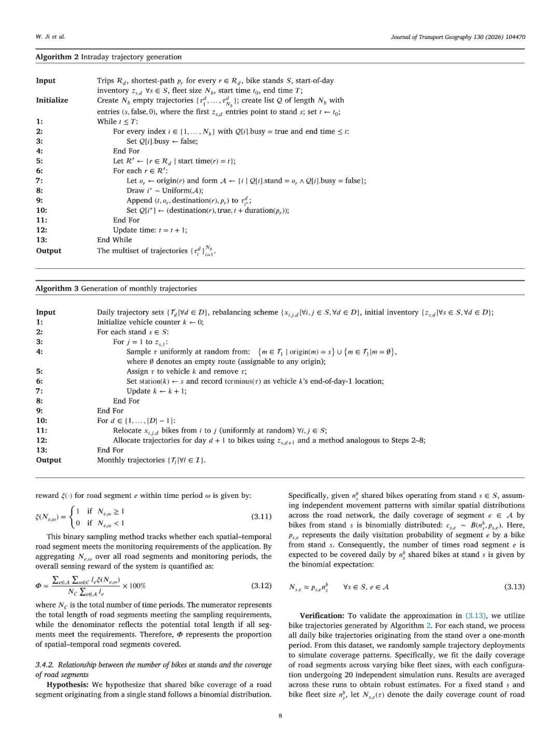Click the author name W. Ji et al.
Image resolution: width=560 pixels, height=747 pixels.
[x=50, y=37]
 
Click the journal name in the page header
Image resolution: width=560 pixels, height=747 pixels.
[x=458, y=37]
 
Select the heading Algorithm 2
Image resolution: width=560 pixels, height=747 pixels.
[x=57, y=57]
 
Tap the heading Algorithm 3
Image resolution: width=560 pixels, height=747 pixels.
[x=57, y=289]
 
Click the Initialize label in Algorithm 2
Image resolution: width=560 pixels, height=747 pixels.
[x=52, y=101]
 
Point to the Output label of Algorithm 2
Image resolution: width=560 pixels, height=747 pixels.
[x=49, y=251]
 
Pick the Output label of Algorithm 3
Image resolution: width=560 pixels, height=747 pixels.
[x=49, y=460]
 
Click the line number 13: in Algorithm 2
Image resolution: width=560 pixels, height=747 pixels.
[x=41, y=240]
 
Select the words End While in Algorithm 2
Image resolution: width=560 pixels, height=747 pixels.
[x=115, y=240]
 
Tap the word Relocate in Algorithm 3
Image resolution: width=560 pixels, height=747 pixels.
[x=127, y=430]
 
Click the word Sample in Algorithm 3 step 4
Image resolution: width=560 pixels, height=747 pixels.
[x=137, y=352]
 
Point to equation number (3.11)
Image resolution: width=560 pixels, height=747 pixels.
[x=261, y=517]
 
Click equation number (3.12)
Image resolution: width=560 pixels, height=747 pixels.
[x=261, y=586]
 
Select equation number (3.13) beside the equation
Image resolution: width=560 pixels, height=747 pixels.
[x=514, y=587]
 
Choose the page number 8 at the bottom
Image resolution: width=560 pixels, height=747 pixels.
[x=280, y=716]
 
